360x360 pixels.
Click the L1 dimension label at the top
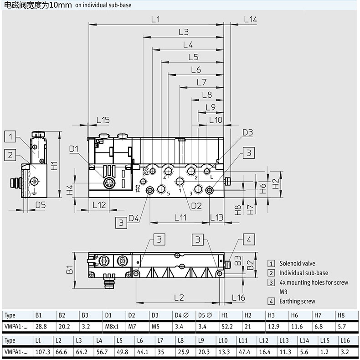coord(155,20)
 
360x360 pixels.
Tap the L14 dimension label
coord(250,20)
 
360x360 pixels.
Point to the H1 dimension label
coord(54,166)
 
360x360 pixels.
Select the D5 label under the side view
coord(41,205)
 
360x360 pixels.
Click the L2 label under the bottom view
coord(179,297)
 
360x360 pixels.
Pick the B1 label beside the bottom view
coord(69,269)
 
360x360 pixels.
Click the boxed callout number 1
coord(10,136)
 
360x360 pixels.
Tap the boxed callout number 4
coord(249,240)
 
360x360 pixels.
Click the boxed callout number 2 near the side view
coord(10,155)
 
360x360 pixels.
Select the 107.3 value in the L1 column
coord(43,352)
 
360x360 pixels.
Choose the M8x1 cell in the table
coord(112,326)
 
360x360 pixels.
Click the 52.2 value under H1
coord(227,326)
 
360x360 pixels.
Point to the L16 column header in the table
coord(345,340)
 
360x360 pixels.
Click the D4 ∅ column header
coord(182,315)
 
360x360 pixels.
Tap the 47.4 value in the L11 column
coord(244,352)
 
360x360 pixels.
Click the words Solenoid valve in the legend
coord(297,263)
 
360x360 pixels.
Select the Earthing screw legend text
coord(297,301)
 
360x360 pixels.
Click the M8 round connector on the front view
coord(108,183)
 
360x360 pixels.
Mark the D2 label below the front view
coord(196,206)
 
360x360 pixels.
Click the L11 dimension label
coord(180,218)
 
